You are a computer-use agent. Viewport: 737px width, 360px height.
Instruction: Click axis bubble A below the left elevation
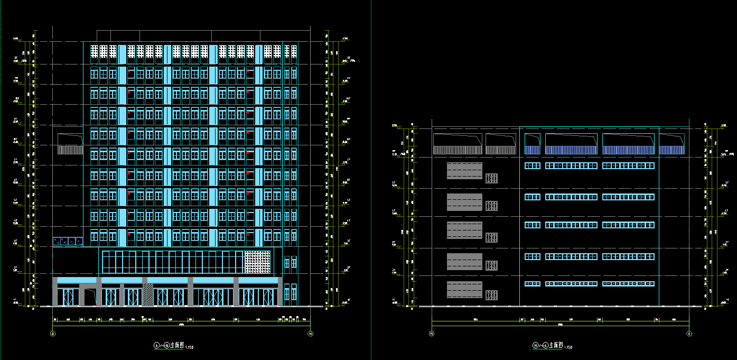point(53,334)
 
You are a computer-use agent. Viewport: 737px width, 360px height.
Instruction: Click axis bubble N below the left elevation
point(310,334)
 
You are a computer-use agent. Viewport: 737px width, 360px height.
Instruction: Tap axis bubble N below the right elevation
point(432,334)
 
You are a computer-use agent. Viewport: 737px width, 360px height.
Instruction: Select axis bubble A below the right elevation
point(689,334)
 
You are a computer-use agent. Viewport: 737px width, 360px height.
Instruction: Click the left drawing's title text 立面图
point(177,345)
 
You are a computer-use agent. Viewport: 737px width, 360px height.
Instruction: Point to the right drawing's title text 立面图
point(555,345)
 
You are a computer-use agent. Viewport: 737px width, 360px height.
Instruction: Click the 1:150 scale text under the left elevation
point(190,347)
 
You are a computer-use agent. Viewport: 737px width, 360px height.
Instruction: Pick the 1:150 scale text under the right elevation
point(568,347)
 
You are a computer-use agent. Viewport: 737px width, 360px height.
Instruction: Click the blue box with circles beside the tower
point(68,242)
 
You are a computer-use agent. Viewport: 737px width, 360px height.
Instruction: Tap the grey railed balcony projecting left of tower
point(70,150)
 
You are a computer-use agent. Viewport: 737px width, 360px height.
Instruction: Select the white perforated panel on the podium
point(258,263)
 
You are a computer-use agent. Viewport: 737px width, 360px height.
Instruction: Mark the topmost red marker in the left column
point(129,71)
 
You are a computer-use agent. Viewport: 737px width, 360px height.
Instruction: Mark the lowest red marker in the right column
point(248,233)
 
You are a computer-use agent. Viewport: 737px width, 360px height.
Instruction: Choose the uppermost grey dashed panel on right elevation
point(464,171)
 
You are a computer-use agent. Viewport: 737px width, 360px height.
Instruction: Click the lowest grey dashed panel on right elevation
point(464,290)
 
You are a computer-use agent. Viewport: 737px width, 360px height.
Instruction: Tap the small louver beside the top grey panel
point(492,178)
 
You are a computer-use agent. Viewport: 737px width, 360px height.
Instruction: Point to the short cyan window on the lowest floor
point(533,284)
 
